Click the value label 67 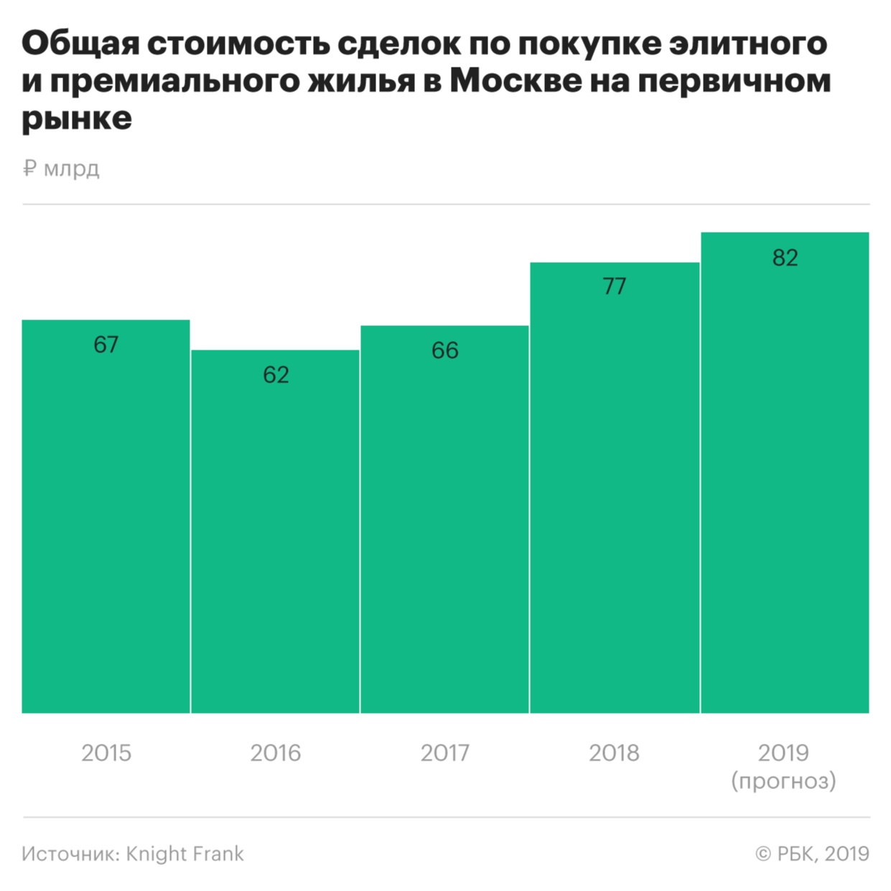pos(106,345)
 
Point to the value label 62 pos(276,375)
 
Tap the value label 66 pos(444,350)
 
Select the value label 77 pos(614,286)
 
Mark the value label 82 pos(785,258)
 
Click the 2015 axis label pos(106,752)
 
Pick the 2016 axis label pos(275,752)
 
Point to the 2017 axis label pos(444,752)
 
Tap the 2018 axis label pos(614,752)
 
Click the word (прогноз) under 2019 pos(783,780)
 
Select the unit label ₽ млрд pos(61,169)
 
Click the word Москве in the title pos(516,81)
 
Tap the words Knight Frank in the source pos(185,854)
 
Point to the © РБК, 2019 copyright pos(812,854)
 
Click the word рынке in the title pos(77,118)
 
